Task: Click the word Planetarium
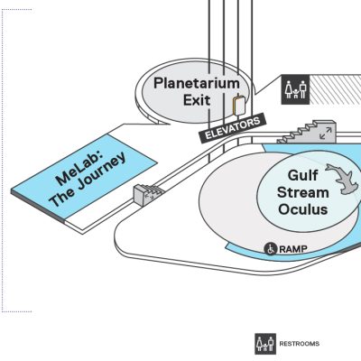(x=197, y=83)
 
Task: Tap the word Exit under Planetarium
(x=197, y=100)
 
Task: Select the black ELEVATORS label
(x=232, y=128)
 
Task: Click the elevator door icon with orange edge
(x=239, y=106)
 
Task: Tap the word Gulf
(x=302, y=175)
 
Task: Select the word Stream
(x=303, y=192)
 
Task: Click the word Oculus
(x=303, y=209)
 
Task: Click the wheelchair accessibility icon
(x=271, y=249)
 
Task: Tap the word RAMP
(x=293, y=249)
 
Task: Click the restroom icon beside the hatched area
(x=295, y=89)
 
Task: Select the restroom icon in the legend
(x=265, y=344)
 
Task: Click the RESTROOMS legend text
(x=300, y=344)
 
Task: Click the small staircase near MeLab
(x=147, y=194)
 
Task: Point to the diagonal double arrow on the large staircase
(x=326, y=133)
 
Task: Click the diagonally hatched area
(x=335, y=89)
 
